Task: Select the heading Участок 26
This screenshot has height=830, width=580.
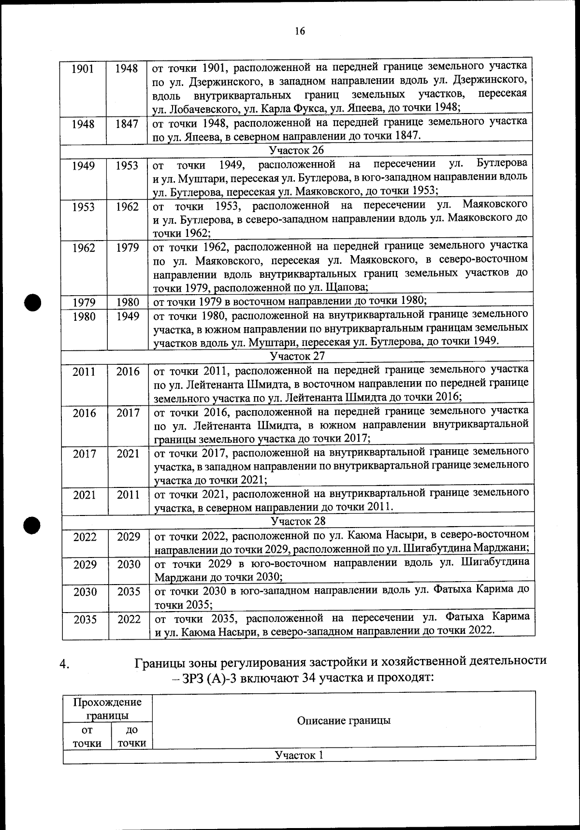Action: [297, 150]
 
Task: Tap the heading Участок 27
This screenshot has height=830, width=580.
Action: [297, 356]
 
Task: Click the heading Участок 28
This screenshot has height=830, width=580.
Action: [298, 521]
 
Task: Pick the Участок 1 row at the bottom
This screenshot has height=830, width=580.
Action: [299, 755]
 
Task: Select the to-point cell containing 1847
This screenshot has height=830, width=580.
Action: [127, 124]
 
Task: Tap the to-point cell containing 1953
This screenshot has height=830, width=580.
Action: [127, 166]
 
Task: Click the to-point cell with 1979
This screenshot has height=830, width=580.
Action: [127, 248]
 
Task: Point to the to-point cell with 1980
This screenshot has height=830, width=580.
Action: [128, 302]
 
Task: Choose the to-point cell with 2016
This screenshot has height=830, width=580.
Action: [128, 372]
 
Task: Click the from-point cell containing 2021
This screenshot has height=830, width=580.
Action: [85, 495]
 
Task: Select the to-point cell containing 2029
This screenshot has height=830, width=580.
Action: [129, 537]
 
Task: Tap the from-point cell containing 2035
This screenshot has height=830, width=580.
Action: [85, 619]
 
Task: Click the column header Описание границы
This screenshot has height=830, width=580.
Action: [343, 720]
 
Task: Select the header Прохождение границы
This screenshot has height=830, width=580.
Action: [107, 708]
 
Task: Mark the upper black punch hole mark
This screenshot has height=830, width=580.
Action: [33, 303]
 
